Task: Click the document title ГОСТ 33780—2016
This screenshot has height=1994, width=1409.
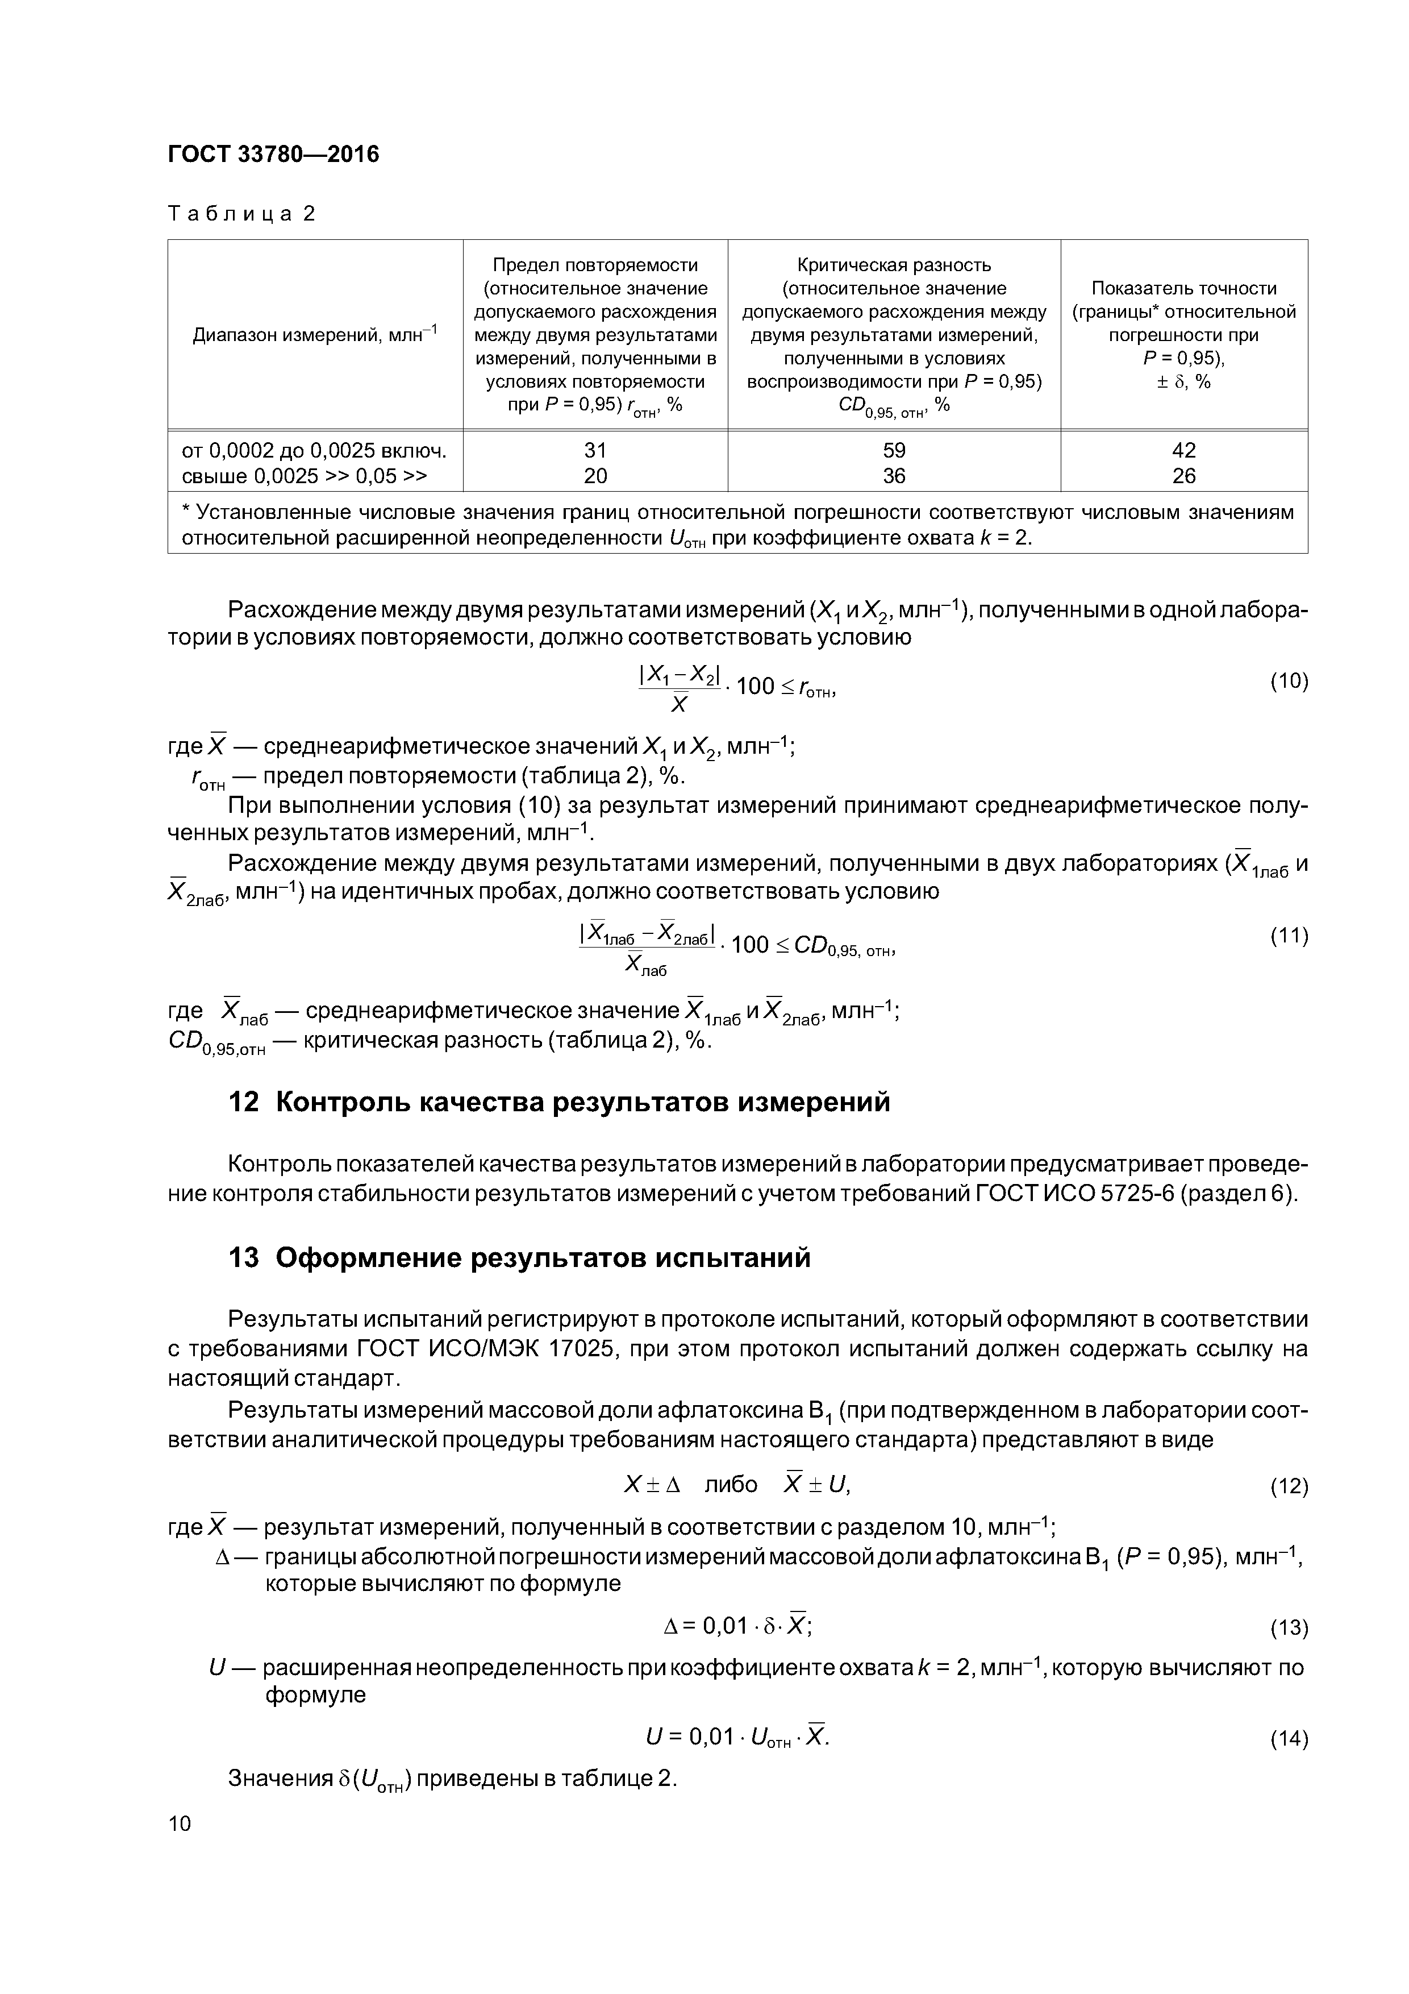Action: [273, 155]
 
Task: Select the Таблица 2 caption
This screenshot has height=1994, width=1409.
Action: [241, 214]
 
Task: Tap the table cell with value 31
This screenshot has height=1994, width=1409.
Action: [595, 450]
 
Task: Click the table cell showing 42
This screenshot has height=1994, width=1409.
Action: [1183, 450]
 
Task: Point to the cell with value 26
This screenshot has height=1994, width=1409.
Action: [1183, 476]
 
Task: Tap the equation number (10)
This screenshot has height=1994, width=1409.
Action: [1289, 681]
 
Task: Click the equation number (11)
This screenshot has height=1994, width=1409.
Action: [1289, 936]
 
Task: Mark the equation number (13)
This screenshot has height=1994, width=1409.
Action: [1289, 1627]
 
